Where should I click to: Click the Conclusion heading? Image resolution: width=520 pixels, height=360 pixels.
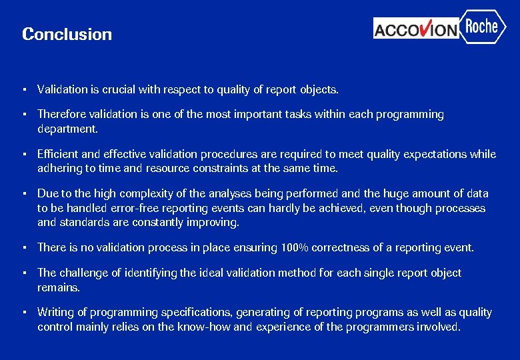67,34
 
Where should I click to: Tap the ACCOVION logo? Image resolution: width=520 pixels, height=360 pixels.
416,29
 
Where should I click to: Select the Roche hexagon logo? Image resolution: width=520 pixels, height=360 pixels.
482,27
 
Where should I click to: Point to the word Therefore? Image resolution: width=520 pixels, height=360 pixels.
63,115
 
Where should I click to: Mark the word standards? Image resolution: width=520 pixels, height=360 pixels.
85,222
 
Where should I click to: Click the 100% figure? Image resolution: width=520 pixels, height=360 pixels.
294,248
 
